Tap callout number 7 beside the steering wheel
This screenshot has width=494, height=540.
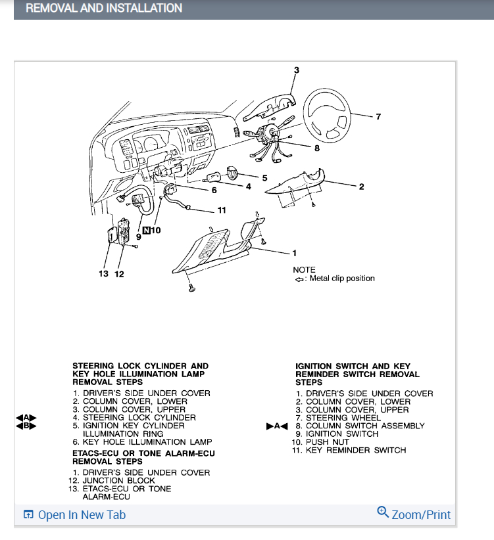378,117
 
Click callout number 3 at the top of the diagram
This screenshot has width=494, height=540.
296,70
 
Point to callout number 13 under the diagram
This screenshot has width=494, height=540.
104,273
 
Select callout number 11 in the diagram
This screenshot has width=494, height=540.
222,210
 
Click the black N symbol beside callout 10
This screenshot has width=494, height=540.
147,231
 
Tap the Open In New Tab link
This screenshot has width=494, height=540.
74,514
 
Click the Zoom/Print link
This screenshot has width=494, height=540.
414,514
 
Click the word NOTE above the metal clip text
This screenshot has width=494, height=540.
304,270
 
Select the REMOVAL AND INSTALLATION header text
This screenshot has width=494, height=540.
104,9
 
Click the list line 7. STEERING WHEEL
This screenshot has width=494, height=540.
343,418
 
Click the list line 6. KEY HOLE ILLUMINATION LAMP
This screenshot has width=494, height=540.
142,442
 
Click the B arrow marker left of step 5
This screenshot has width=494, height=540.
26,426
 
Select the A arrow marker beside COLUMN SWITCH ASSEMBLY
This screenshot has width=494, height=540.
277,426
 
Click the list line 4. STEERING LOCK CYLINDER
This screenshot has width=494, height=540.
134,418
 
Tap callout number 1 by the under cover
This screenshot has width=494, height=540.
294,253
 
